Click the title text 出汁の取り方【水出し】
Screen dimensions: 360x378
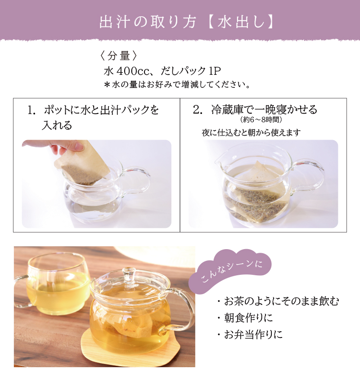186,23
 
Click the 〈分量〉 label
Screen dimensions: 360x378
118,56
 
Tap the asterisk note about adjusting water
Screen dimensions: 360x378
177,85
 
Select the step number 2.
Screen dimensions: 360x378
198,110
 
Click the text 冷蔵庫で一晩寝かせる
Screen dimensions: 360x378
264,109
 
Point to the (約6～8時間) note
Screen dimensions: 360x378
261,119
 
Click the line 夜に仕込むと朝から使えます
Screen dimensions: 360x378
252,132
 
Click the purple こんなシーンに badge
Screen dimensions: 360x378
230,271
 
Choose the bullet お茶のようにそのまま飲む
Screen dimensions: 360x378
278,301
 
